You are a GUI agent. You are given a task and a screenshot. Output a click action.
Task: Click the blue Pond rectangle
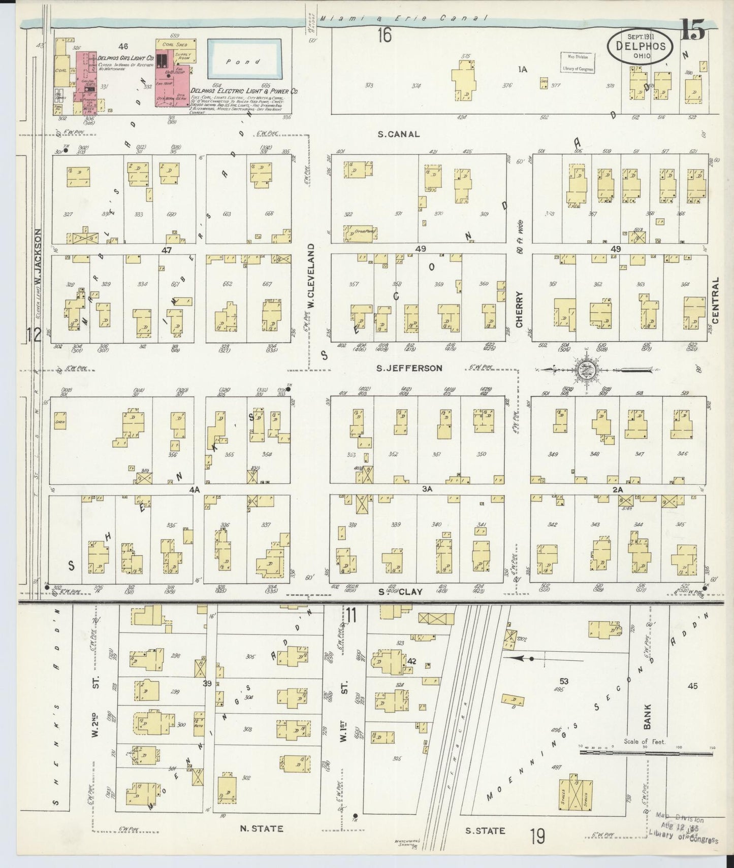[x=244, y=61]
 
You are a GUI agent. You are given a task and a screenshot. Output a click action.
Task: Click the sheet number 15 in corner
[x=693, y=31]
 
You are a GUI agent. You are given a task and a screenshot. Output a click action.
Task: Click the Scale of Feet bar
[x=645, y=753]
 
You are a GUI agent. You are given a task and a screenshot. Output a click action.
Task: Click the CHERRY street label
[x=519, y=309]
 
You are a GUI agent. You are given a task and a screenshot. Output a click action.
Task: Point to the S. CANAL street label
[x=398, y=135]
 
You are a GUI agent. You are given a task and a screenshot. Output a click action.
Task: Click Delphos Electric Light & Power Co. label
[x=244, y=91]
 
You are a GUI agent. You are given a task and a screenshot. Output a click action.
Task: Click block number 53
[x=563, y=681]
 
